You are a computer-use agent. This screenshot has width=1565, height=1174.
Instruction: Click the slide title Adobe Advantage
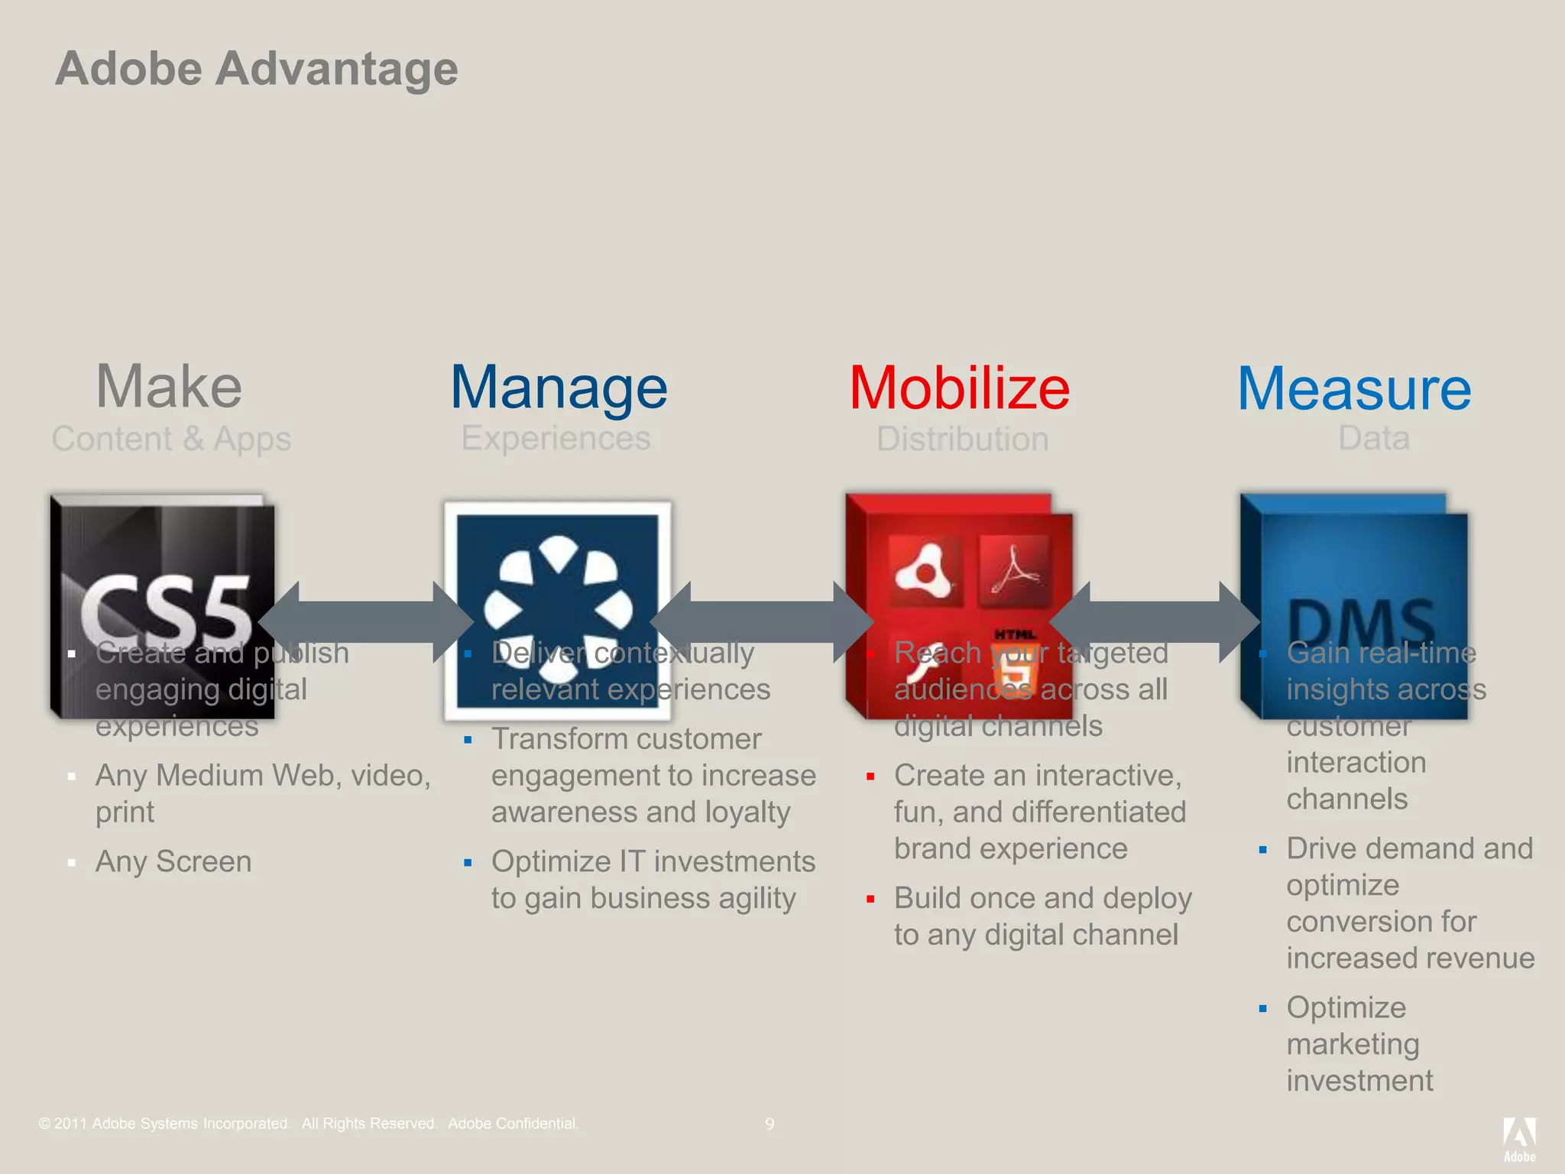[x=257, y=69]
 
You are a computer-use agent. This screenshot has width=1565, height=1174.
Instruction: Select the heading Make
[x=169, y=387]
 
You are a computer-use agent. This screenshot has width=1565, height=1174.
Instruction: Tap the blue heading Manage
[x=559, y=388]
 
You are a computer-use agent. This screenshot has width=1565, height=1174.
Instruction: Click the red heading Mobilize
[x=959, y=388]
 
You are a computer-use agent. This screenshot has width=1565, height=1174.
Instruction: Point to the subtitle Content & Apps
[x=171, y=439]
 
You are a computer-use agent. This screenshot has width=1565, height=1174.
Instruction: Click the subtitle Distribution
[x=962, y=439]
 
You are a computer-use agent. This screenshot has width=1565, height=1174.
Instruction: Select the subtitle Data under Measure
[x=1373, y=438]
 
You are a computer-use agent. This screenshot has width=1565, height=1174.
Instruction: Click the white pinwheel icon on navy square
[x=558, y=609]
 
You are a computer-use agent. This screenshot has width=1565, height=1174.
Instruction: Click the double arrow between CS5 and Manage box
[x=365, y=621]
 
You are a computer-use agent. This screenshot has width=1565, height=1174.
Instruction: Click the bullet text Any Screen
[x=173, y=861]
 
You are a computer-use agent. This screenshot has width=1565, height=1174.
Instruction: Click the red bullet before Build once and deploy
[x=870, y=900]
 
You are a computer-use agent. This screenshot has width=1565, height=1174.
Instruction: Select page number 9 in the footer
[x=770, y=1124]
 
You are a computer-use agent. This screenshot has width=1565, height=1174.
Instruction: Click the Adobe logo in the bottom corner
[x=1519, y=1139]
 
